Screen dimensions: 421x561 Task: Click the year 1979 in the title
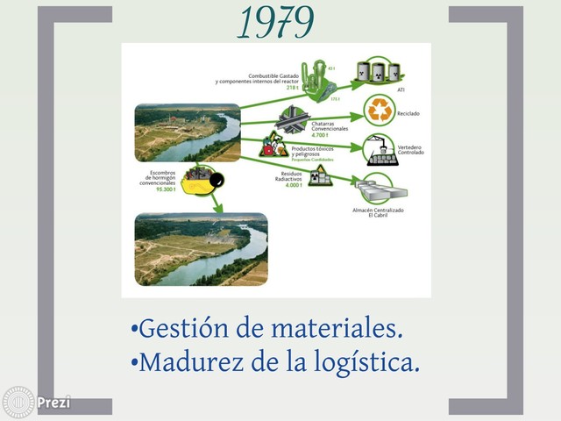point(275,24)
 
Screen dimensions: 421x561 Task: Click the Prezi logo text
point(53,403)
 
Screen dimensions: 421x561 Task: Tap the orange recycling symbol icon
point(381,111)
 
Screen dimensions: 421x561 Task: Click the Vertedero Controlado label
point(410,150)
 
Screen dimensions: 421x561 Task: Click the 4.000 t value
point(292,185)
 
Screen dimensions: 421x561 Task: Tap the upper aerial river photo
point(187,133)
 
